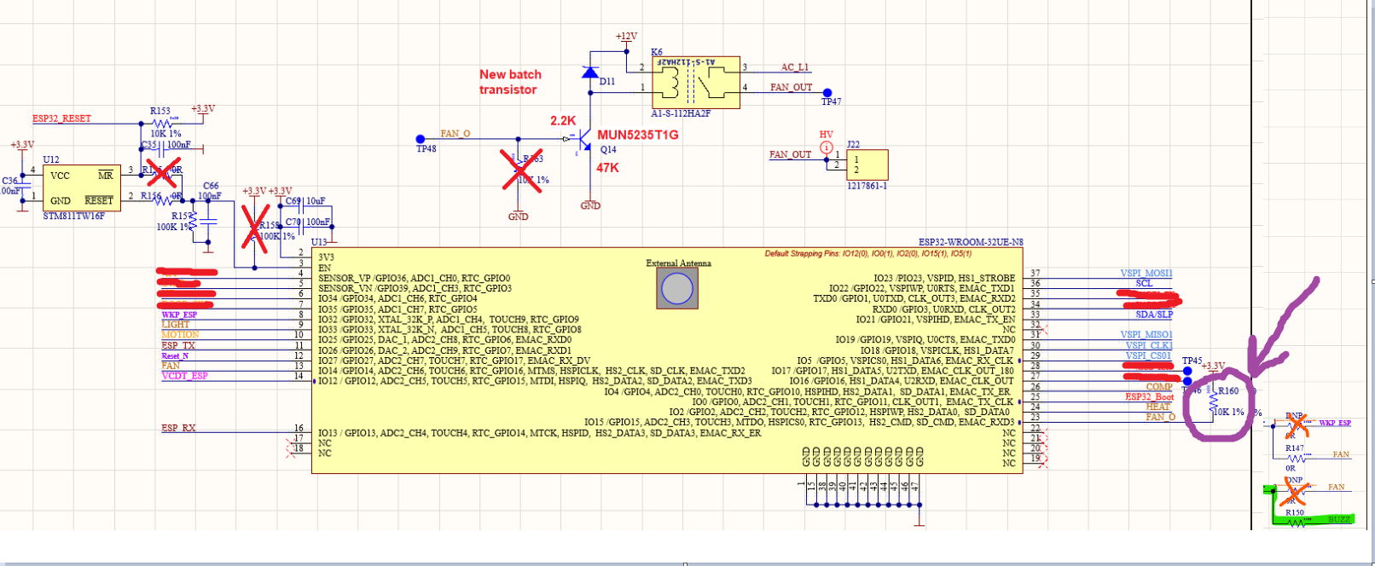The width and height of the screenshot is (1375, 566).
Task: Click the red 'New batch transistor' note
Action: pyautogui.click(x=509, y=82)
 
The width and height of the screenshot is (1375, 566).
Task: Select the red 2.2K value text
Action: pyautogui.click(x=563, y=121)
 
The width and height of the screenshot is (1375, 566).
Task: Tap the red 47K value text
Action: pyautogui.click(x=607, y=168)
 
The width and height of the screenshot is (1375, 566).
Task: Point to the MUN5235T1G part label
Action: pyautogui.click(x=637, y=136)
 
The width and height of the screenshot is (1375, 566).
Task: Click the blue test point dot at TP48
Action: pyautogui.click(x=421, y=139)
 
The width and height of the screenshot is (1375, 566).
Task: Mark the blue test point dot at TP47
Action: pyautogui.click(x=827, y=93)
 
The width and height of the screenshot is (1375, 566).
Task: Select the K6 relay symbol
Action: pyautogui.click(x=696, y=82)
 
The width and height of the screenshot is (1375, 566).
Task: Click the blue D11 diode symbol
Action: pyautogui.click(x=589, y=72)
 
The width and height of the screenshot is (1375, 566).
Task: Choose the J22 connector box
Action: pyautogui.click(x=867, y=165)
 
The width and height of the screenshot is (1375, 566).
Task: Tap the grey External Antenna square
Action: pyautogui.click(x=677, y=289)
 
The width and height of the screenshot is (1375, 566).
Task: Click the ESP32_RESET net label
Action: pyautogui.click(x=61, y=118)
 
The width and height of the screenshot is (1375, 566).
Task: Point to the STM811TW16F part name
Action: pyautogui.click(x=74, y=217)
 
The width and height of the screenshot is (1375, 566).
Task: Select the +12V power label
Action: pyautogui.click(x=626, y=37)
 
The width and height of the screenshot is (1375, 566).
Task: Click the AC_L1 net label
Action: pyautogui.click(x=794, y=67)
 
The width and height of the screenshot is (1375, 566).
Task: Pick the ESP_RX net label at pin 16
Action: pyautogui.click(x=178, y=428)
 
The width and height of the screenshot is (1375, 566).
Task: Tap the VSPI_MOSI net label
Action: pyautogui.click(x=1146, y=274)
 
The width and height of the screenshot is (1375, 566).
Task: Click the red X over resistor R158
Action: pyautogui.click(x=254, y=228)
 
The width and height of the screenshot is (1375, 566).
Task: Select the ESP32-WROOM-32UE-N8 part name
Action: pyautogui.click(x=970, y=243)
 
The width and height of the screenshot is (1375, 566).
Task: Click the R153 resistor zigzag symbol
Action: pyautogui.click(x=161, y=124)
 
